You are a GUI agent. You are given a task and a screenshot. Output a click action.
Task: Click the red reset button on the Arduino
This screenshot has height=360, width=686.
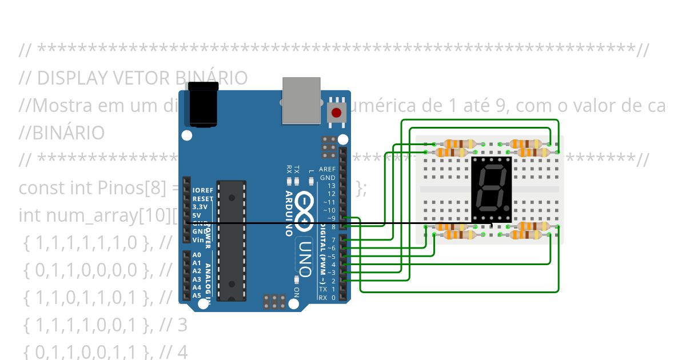(337, 113)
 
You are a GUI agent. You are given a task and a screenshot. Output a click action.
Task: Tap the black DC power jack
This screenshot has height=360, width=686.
(204, 104)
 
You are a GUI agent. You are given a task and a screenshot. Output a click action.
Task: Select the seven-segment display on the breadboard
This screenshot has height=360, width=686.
(491, 190)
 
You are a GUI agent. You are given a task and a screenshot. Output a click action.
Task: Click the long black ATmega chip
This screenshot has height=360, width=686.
(232, 241)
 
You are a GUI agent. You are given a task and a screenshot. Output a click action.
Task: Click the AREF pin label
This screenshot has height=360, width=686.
(327, 170)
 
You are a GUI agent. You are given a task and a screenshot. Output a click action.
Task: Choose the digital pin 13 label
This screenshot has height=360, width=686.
(332, 186)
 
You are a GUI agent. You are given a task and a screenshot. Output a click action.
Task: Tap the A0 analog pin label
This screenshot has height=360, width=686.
(197, 255)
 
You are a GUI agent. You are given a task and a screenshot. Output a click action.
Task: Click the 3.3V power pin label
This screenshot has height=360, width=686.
(200, 207)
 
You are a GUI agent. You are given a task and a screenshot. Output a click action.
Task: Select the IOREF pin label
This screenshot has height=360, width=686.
(202, 190)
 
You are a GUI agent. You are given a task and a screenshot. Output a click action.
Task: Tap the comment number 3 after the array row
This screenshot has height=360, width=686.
(182, 325)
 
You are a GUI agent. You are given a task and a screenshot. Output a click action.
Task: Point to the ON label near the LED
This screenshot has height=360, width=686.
(296, 291)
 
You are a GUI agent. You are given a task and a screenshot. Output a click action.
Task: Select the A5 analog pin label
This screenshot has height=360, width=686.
(197, 295)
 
